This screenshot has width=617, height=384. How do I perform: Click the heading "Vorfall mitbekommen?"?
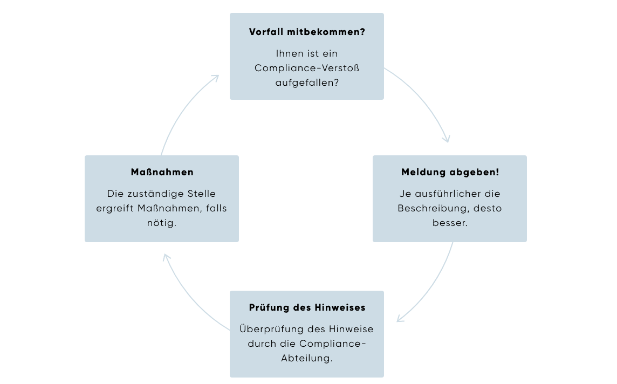pyautogui.click(x=307, y=32)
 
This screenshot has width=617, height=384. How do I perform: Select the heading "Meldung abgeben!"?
pyautogui.click(x=450, y=173)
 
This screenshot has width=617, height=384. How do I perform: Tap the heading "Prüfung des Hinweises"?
pyautogui.click(x=307, y=307)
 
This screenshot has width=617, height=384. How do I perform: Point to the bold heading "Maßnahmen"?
pyautogui.click(x=162, y=173)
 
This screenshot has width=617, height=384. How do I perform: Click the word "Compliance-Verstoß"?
pyautogui.click(x=307, y=68)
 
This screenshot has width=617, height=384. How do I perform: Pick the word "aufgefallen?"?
pyautogui.click(x=307, y=83)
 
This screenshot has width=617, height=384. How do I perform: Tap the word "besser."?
pyautogui.click(x=450, y=222)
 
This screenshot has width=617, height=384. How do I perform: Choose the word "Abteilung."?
pyautogui.click(x=307, y=358)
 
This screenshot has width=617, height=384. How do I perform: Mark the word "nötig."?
pyautogui.click(x=162, y=222)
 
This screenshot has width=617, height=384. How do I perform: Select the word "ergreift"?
pyautogui.click(x=114, y=208)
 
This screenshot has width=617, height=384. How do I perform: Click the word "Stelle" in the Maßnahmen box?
pyautogui.click(x=201, y=194)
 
